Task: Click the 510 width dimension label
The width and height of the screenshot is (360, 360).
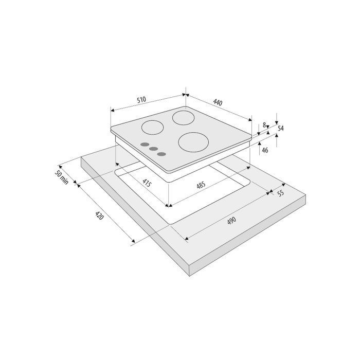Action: (x=141, y=100)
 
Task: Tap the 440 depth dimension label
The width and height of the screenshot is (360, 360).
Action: (x=218, y=102)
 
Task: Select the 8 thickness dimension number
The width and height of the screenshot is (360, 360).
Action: (x=264, y=125)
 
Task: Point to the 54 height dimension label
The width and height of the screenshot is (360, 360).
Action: (x=281, y=129)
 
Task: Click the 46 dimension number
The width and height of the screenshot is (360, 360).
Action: (x=265, y=150)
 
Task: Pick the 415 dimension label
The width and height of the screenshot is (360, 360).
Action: (x=147, y=183)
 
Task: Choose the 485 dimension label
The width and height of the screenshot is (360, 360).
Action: (x=201, y=185)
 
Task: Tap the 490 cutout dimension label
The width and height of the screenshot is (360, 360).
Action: (x=231, y=221)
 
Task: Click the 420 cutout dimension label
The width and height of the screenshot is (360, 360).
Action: (x=99, y=215)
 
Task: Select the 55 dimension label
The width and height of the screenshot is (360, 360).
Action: (x=281, y=193)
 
